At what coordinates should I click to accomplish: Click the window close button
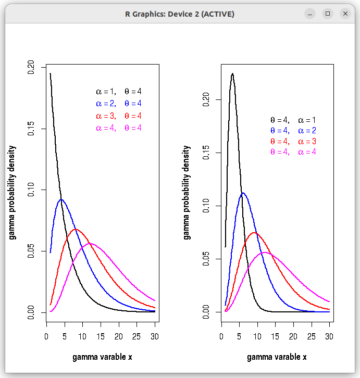(x=345, y=14)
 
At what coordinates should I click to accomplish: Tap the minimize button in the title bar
(x=310, y=14)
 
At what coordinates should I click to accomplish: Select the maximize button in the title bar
(x=328, y=14)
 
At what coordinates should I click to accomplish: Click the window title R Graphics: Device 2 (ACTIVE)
(x=180, y=14)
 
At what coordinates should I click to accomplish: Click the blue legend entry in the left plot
(x=119, y=104)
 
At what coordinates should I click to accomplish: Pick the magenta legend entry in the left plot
(x=119, y=128)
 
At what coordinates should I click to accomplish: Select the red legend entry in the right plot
(x=293, y=141)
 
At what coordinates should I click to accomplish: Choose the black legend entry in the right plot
(x=293, y=120)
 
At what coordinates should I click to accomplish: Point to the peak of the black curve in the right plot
(x=232, y=73)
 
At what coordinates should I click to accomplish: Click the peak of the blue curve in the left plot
(x=61, y=199)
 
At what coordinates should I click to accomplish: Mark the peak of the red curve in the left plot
(x=76, y=229)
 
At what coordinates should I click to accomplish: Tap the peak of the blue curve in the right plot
(x=243, y=193)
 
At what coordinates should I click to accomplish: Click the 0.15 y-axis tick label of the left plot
(x=31, y=129)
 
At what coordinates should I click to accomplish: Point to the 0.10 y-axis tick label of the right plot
(x=206, y=206)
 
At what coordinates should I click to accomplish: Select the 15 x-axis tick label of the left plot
(x=101, y=336)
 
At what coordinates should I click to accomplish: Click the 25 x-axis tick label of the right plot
(x=311, y=336)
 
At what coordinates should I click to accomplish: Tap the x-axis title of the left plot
(x=102, y=357)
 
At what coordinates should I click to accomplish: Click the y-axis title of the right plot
(x=187, y=193)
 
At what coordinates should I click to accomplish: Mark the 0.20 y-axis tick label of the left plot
(x=31, y=67)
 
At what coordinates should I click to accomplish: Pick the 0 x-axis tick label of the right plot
(x=221, y=336)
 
